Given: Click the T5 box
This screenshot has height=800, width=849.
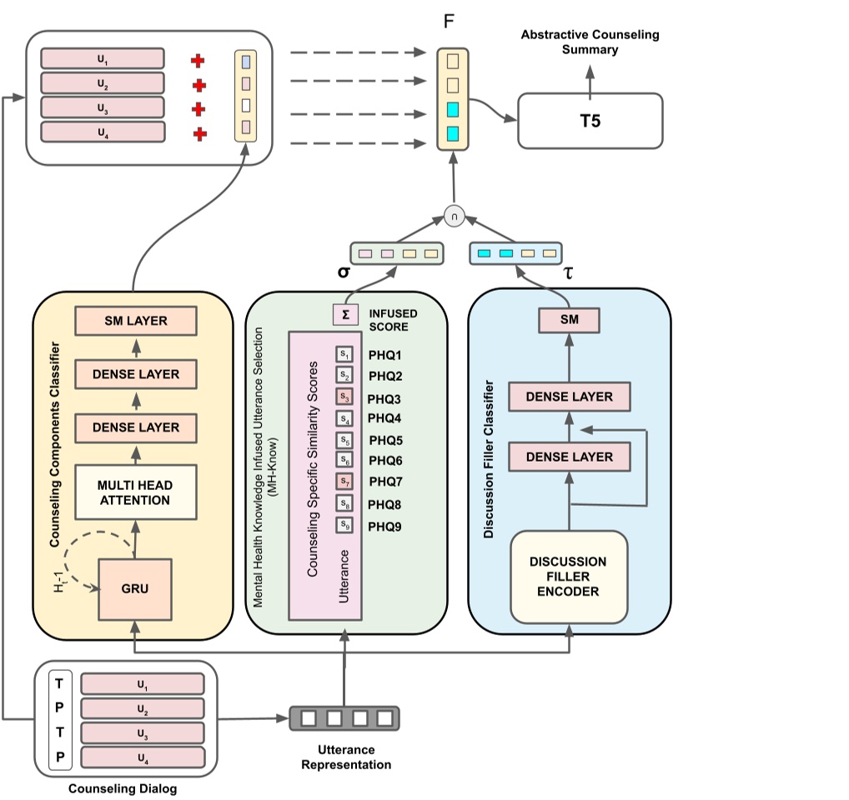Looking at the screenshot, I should coord(590,121).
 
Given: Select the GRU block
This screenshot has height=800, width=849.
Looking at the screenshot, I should coord(134,589).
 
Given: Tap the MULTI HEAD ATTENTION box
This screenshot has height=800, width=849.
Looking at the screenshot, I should coord(135,492).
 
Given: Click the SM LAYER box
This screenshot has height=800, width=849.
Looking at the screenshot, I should coord(135,321).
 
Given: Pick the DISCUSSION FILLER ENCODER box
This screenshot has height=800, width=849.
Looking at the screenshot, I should coord(569,577).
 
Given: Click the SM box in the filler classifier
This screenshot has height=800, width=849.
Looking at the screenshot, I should coord(570,320).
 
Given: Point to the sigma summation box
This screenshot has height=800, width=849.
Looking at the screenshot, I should coord(345,314).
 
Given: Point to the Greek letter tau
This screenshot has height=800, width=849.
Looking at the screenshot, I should coord(569,272).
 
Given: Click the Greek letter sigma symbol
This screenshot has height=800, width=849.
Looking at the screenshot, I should coord(343,272).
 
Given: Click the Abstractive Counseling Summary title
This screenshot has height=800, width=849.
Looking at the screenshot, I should coord(590,42).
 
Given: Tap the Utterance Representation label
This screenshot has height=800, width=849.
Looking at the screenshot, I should coord(345,757).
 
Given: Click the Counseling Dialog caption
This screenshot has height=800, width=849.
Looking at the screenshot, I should coord(123,788).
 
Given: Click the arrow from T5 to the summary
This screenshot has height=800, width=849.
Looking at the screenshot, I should coord(590,82).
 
